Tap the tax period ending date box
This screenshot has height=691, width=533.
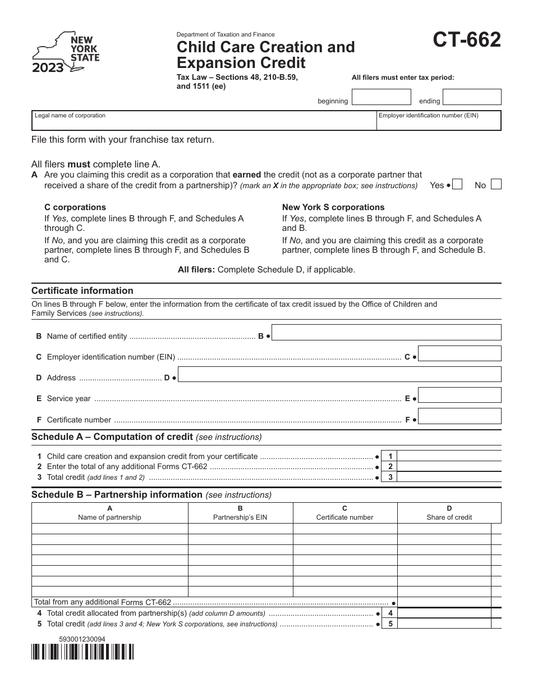(471, 97)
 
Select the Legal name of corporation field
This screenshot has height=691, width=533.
(203, 120)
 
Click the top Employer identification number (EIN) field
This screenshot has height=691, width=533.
(438, 120)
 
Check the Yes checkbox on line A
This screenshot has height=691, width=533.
(457, 185)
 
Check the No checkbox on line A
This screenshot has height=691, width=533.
(496, 185)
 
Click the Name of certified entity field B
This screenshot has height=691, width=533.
(387, 333)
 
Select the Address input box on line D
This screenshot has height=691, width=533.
(339, 375)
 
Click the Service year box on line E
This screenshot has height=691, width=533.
(460, 395)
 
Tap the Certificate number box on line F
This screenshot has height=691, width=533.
(460, 416)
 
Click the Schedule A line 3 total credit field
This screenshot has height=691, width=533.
(449, 477)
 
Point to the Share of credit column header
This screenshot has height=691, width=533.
(449, 513)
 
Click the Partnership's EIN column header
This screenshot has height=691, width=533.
(240, 513)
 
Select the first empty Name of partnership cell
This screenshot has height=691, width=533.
(109, 529)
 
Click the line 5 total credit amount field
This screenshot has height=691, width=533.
(449, 624)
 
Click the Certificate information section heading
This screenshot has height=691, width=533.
(82, 290)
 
